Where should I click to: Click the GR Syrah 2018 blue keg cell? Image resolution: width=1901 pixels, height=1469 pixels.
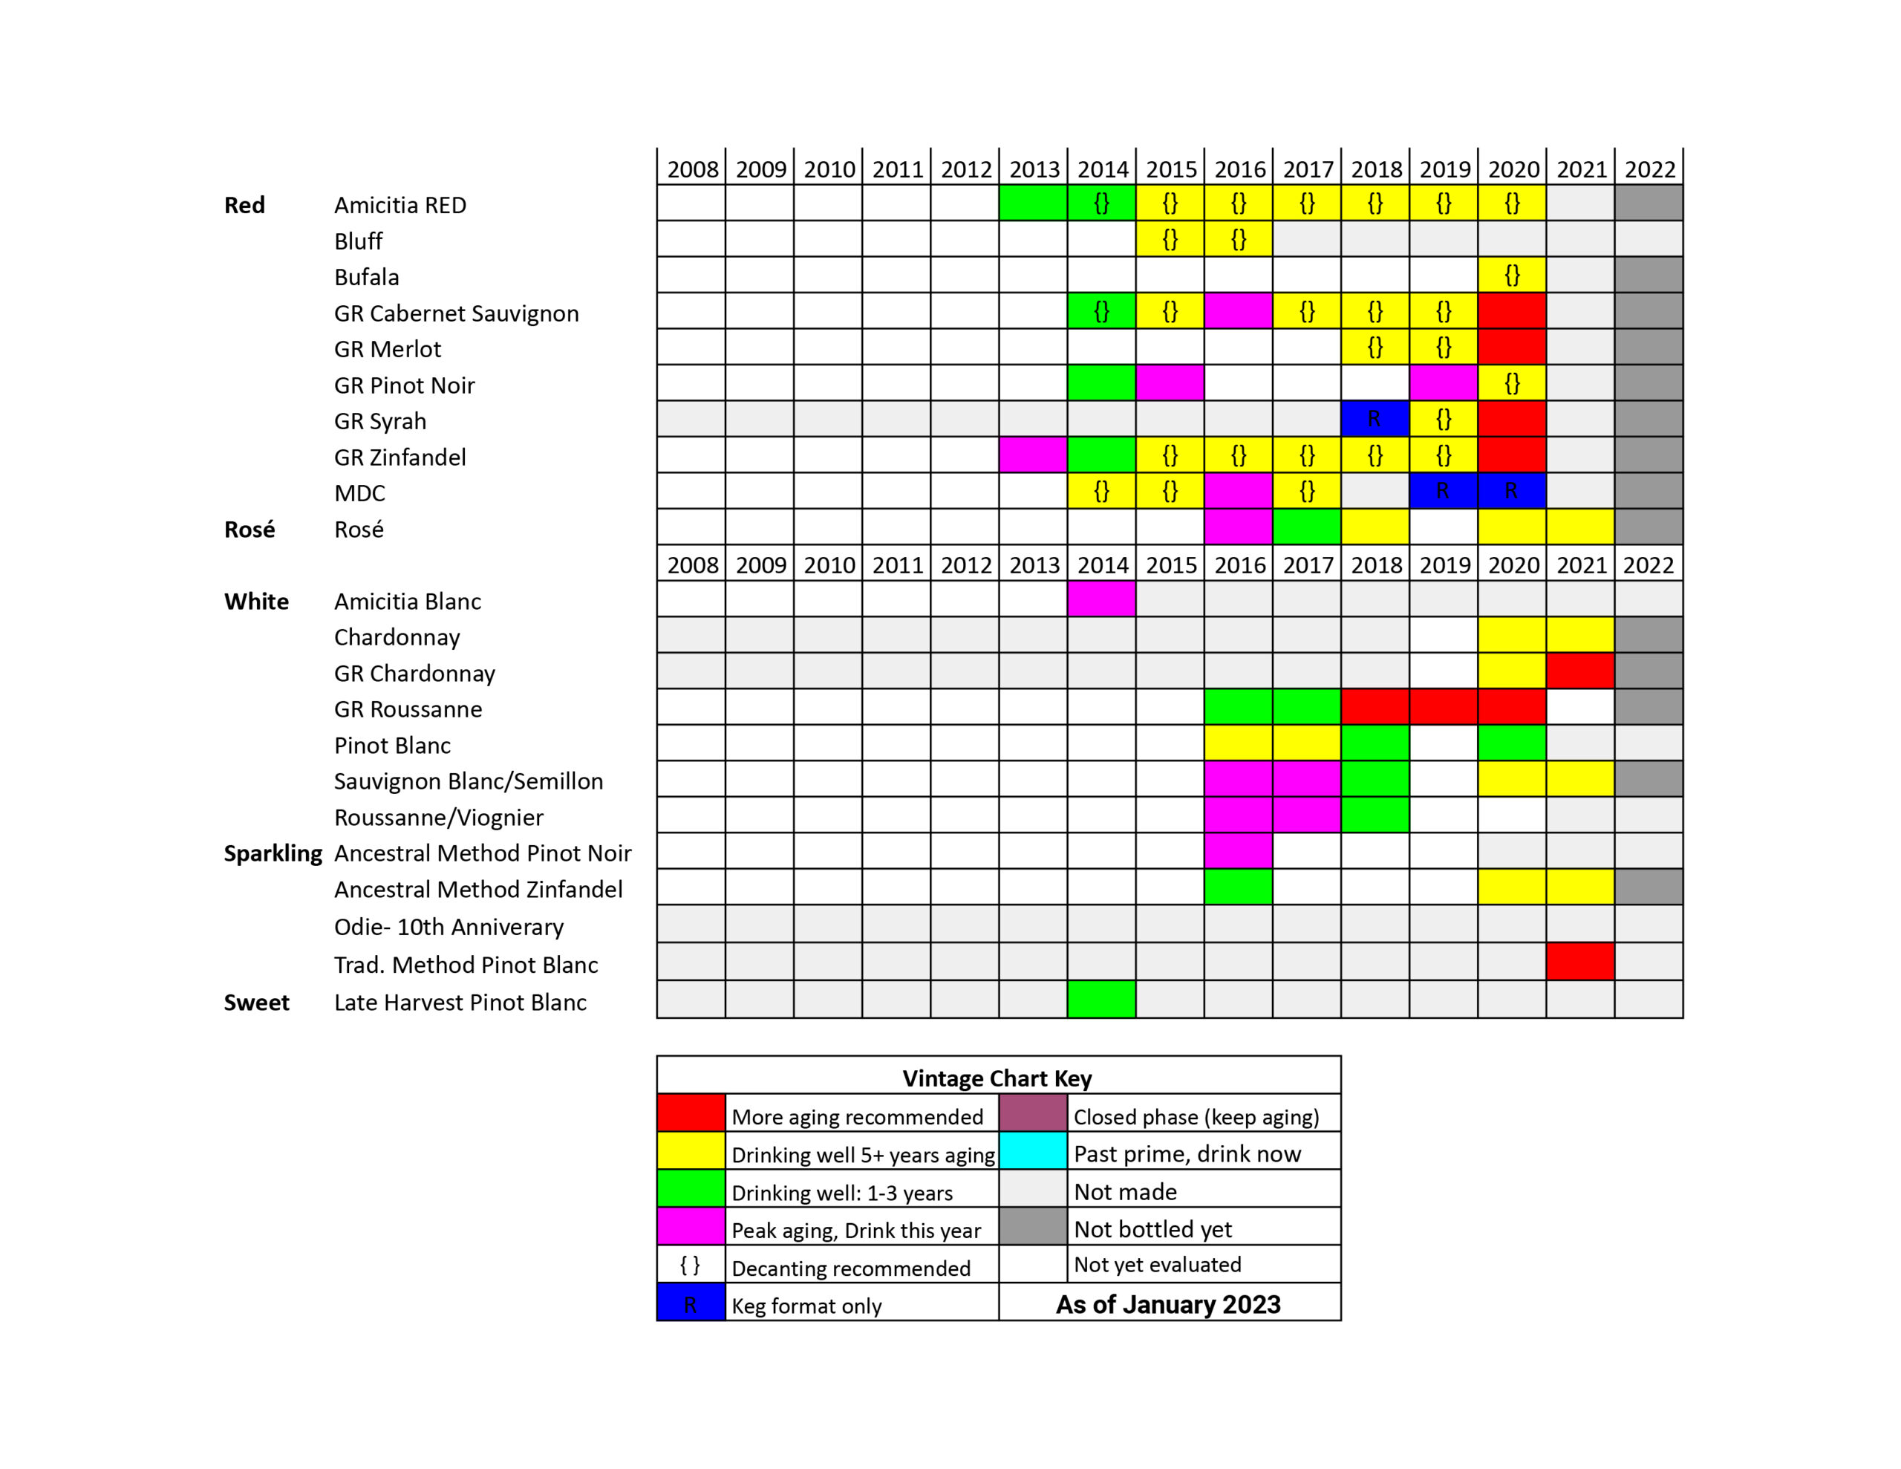point(1375,419)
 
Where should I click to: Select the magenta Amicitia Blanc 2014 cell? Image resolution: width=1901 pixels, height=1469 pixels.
point(1101,599)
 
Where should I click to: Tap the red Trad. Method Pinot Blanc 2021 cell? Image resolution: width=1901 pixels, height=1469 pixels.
point(1579,961)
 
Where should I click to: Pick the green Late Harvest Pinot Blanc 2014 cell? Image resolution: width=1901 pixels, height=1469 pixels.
point(1101,999)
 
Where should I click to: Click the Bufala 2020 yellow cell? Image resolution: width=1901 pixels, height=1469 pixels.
point(1512,276)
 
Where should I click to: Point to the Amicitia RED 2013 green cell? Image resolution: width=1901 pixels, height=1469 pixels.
point(1033,203)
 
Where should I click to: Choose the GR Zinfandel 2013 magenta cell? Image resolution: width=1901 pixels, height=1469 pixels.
point(1033,455)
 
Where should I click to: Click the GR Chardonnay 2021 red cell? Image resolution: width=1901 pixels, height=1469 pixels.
point(1579,671)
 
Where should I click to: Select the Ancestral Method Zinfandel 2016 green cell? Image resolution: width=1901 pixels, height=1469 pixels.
point(1238,887)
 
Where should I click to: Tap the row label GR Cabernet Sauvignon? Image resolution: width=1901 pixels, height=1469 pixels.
point(456,313)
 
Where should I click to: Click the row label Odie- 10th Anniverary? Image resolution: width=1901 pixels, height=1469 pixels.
point(449,927)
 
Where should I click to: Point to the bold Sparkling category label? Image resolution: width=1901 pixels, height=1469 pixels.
point(273,853)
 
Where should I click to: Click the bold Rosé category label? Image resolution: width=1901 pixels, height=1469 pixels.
point(249,530)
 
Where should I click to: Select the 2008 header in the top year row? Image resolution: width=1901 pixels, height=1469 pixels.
point(692,169)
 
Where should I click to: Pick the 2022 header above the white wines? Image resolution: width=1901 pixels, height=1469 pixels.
point(1648,565)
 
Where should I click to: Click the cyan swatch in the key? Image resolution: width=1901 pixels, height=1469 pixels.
point(1032,1150)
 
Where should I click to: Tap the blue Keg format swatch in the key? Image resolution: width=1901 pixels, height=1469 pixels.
point(691,1302)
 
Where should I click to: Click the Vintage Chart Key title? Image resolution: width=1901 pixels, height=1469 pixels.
point(997,1078)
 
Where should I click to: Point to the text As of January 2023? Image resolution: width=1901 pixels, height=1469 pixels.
point(1168,1304)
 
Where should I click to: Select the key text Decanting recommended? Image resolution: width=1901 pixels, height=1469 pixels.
point(850,1268)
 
